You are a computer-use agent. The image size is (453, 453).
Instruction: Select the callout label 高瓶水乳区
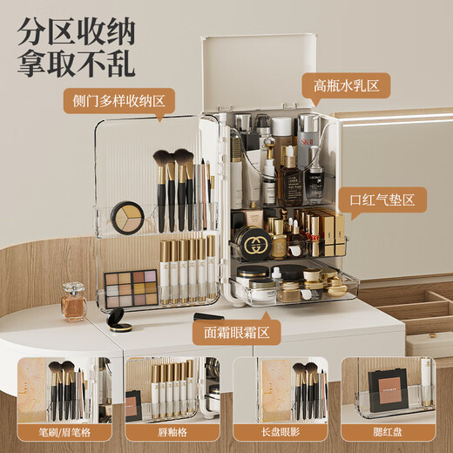(345, 85)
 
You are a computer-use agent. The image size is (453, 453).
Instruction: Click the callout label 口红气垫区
(382, 199)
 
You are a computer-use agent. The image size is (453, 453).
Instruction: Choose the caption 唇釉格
(171, 431)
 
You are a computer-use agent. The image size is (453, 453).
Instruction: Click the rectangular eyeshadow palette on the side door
(131, 287)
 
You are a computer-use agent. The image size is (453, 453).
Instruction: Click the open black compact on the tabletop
(119, 319)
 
